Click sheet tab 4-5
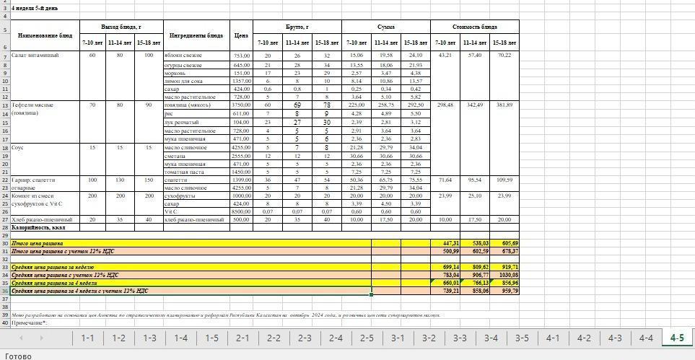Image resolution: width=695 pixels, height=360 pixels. pyautogui.click(x=676, y=338)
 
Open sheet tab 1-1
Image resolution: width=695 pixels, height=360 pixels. pyautogui.click(x=87, y=338)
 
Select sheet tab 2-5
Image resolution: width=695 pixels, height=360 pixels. pyautogui.click(x=367, y=338)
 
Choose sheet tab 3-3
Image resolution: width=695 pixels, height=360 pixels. pyautogui.click(x=460, y=338)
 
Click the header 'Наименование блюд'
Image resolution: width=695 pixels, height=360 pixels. pyautogui.click(x=45, y=35)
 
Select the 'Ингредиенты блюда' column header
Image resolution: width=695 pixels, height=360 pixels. pyautogui.click(x=196, y=35)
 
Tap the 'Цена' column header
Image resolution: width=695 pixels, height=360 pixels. pyautogui.click(x=241, y=35)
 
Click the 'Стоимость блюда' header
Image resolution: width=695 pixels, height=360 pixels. pyautogui.click(x=474, y=27)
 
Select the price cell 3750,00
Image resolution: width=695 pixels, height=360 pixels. pyautogui.click(x=240, y=105)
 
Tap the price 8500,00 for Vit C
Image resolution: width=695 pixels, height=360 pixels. pyautogui.click(x=240, y=211)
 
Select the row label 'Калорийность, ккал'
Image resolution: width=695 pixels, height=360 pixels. pyautogui.click(x=38, y=227)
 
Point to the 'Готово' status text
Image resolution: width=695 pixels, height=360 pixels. pyautogui.click(x=19, y=355)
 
